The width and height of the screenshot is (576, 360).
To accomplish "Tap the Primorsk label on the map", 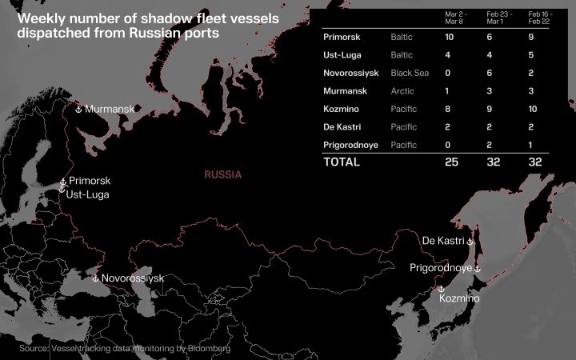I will [x=90, y=182].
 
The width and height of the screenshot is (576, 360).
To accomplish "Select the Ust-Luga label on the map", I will [x=87, y=194].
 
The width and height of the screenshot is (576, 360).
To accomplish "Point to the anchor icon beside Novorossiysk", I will [x=96, y=278].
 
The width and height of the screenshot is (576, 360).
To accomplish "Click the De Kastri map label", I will [x=443, y=241].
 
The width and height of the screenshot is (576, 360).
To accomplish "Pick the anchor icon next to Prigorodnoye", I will [x=478, y=269].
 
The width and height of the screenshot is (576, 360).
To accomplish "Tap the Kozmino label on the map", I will [x=460, y=298].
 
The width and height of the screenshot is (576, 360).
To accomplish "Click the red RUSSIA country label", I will [x=223, y=174].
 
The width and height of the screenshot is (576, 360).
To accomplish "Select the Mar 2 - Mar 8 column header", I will [x=456, y=18].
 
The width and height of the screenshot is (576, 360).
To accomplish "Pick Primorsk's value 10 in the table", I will [x=450, y=37].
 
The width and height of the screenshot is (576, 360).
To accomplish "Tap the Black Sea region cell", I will [x=410, y=73].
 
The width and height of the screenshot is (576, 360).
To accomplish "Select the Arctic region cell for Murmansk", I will [x=402, y=91].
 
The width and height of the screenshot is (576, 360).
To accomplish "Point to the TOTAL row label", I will [x=342, y=162].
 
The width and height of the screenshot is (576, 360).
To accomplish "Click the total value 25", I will [x=453, y=162].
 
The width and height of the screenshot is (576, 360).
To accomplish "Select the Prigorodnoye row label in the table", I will [x=354, y=145].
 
